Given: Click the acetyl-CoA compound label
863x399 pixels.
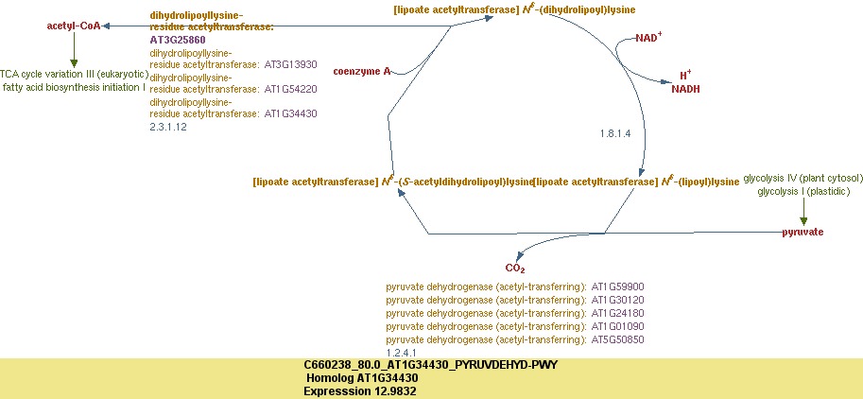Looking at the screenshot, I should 74,26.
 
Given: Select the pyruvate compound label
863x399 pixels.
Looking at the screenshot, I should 803,232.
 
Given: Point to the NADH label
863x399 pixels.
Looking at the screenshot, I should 685,89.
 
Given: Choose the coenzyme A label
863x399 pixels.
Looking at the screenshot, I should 361,71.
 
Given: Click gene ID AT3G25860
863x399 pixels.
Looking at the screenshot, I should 178,41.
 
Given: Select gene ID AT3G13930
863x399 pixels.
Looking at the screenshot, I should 290,65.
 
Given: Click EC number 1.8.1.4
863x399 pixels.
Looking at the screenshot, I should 615,133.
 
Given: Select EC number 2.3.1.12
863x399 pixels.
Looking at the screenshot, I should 168,126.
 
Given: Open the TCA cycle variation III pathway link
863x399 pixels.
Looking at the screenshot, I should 72,74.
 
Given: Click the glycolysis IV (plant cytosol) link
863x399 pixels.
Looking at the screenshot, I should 803,178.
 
